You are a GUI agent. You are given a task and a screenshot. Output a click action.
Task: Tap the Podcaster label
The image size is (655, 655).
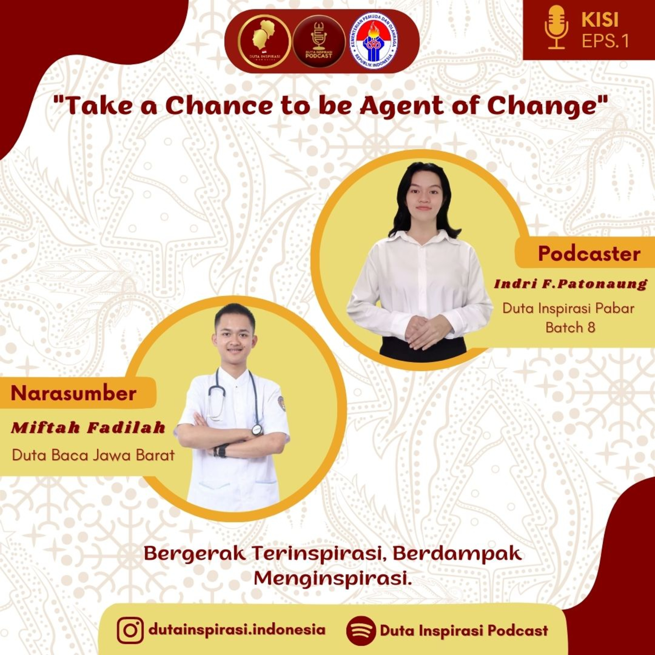[589, 253]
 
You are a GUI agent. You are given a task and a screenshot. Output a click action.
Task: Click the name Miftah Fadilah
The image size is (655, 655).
[88, 428]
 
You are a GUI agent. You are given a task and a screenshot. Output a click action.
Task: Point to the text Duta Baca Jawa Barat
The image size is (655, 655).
[93, 455]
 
